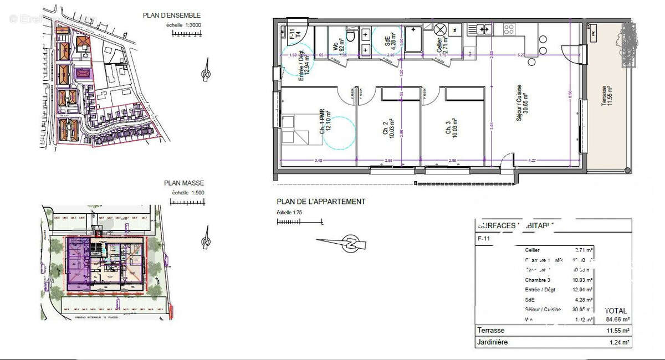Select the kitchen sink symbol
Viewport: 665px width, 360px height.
coord(482,29)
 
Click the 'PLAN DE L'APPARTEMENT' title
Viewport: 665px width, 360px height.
coord(321,202)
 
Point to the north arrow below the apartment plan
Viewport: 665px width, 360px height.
coord(350,244)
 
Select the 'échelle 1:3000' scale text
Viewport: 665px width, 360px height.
coord(185,25)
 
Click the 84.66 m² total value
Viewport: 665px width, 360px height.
coord(617,319)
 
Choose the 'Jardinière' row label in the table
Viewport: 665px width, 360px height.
coord(493,342)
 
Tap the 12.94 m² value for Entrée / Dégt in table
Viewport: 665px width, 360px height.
coord(584,290)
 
